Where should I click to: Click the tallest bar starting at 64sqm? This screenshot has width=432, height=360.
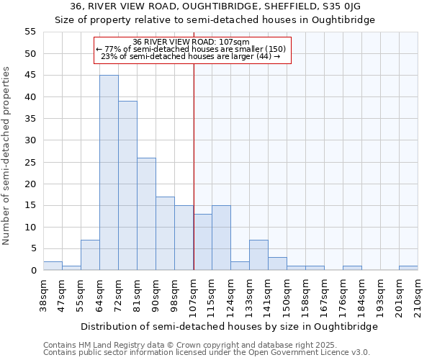109,173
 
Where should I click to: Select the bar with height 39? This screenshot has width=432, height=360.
127,186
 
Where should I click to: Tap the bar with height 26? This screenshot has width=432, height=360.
146,214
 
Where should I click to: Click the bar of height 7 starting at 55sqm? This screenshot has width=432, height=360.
90,255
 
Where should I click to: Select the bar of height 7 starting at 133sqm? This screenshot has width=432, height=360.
258,255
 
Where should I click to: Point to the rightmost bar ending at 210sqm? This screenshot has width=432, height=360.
408,268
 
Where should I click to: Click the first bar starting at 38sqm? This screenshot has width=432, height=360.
53,266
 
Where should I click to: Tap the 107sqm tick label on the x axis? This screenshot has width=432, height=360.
194,293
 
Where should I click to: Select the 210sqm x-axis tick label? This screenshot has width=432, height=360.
418,293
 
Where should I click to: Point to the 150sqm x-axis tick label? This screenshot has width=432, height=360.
287,293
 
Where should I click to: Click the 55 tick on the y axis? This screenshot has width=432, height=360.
30,32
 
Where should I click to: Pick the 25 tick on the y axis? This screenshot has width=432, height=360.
30,162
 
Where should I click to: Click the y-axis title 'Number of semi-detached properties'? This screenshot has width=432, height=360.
7,156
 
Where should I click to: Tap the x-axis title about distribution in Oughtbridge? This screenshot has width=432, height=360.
229,326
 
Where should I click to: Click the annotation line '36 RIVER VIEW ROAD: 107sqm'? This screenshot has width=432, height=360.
192,42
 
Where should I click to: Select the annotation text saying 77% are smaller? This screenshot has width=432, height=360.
191,49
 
